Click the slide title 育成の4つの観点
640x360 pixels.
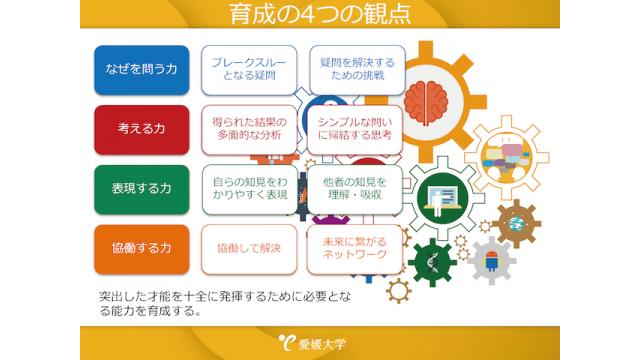[319, 17]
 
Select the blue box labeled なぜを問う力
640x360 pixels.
[141, 69]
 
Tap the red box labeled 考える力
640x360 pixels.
[141, 129]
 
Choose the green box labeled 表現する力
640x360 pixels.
[141, 189]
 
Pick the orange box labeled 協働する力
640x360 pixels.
[141, 249]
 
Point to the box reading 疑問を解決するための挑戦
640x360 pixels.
[355, 69]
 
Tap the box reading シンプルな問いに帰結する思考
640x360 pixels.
[355, 128]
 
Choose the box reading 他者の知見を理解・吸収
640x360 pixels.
[355, 189]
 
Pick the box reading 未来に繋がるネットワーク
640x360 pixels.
[355, 248]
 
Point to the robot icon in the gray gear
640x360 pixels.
[492, 262]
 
